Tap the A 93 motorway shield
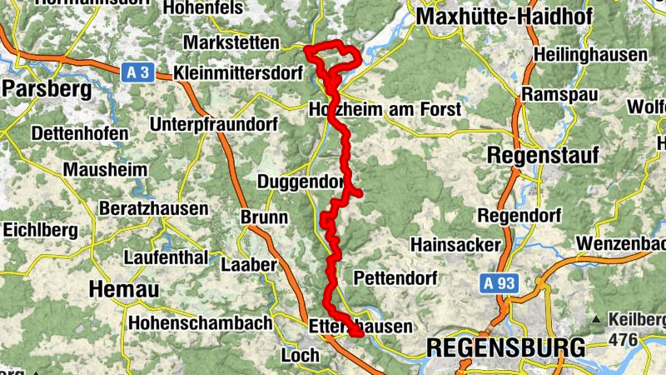point(500,284)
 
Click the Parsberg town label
point(40,88)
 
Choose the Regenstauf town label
point(536,155)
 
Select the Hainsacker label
point(455,244)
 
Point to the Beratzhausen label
point(153,208)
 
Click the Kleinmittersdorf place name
point(239,72)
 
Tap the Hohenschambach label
point(201,322)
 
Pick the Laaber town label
point(248,265)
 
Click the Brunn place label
point(264,217)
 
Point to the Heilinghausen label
point(590,55)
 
